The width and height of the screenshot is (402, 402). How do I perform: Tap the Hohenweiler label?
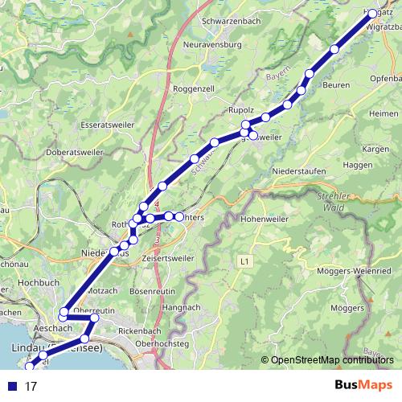point(265,218)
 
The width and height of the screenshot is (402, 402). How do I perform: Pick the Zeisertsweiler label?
point(168,259)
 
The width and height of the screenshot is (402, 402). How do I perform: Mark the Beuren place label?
point(337,84)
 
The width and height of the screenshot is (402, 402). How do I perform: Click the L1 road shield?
point(245,260)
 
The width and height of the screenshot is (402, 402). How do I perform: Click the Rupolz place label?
point(240,109)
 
